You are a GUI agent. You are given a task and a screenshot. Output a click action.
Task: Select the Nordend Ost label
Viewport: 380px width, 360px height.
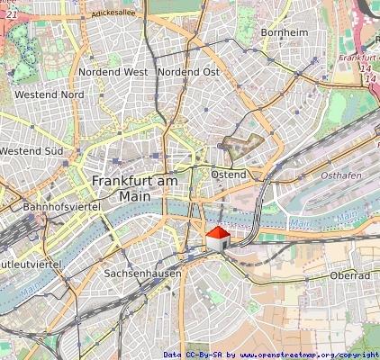[188, 71]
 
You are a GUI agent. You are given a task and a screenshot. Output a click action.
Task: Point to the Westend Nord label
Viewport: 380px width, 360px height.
[50, 94]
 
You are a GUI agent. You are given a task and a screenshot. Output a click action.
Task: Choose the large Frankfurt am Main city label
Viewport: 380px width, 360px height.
[135, 188]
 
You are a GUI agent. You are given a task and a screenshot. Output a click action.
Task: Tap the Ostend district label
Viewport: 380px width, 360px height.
[229, 173]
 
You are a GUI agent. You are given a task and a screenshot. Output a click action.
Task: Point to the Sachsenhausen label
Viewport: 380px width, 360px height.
[142, 273]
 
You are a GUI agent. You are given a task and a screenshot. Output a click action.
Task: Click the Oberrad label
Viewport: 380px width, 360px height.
[350, 275]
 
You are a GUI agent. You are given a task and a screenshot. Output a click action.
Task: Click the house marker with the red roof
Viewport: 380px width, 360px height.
[217, 240]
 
